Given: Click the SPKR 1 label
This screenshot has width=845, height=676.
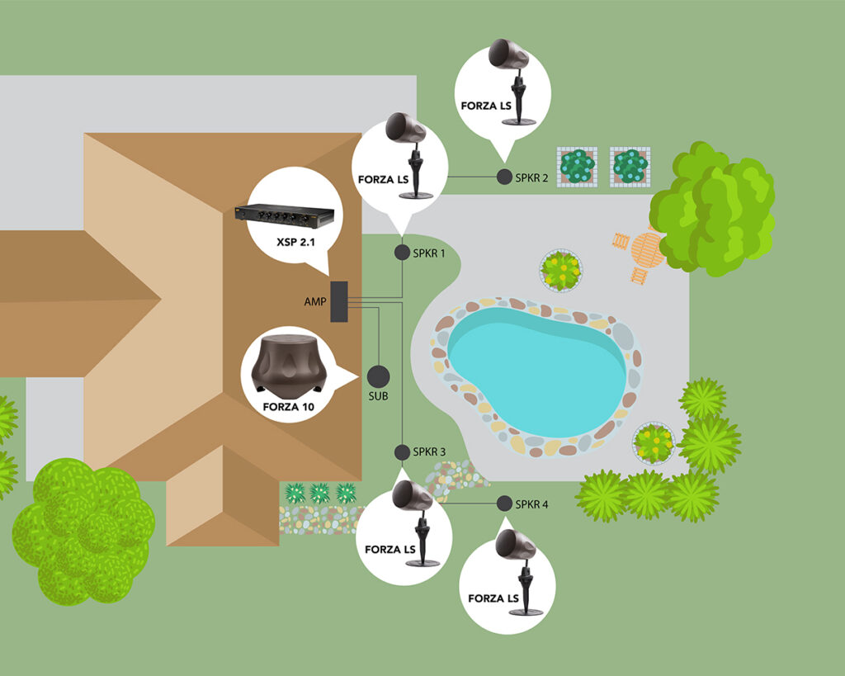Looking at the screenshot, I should (x=429, y=253).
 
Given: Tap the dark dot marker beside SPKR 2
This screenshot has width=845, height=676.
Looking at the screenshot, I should (x=504, y=177).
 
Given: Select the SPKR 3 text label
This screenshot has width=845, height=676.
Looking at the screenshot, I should (x=429, y=452).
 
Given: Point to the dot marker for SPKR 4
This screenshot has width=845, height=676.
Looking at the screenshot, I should (x=504, y=503).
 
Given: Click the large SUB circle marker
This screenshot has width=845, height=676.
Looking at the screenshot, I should (x=378, y=376).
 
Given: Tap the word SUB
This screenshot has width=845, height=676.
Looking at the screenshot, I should (x=378, y=397).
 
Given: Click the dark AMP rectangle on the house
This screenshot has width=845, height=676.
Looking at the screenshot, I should (x=339, y=301).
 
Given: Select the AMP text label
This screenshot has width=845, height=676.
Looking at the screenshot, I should (x=315, y=302).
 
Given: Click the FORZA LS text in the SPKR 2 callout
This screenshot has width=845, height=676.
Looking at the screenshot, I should (x=484, y=106).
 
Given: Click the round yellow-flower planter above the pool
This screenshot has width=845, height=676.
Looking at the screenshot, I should (x=561, y=270).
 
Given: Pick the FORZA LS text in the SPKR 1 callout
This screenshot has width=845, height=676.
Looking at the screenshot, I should (x=382, y=179).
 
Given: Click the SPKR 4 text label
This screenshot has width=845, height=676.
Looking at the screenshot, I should (x=531, y=503).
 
